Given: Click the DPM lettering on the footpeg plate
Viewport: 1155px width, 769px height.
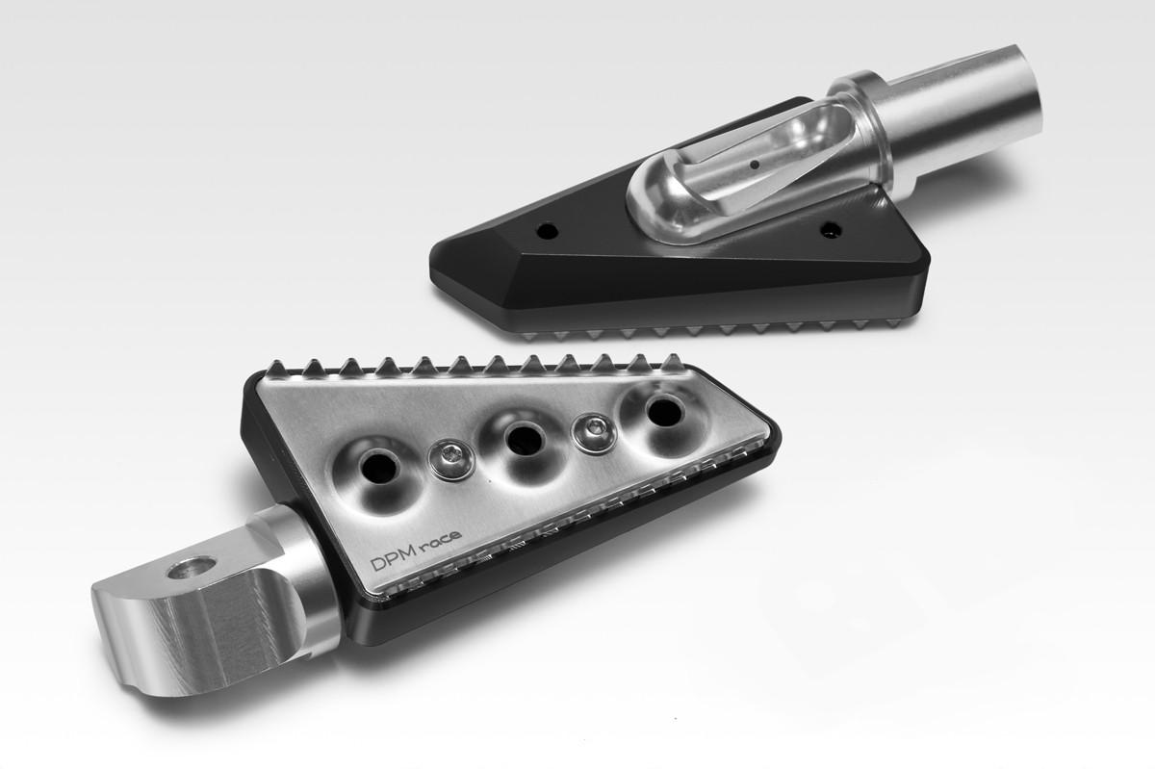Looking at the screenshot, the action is point(394,562).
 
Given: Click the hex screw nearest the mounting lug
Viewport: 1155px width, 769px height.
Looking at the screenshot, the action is point(452,459).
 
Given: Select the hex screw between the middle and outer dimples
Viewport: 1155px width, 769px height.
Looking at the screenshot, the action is point(596,433).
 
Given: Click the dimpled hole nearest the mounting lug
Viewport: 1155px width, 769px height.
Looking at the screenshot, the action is point(379,471).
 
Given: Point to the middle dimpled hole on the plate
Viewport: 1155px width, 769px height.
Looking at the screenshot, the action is point(525,440).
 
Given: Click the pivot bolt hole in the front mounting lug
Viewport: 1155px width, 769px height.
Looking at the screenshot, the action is point(192,568).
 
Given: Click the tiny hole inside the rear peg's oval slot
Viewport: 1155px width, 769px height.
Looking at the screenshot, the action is point(755,165).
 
